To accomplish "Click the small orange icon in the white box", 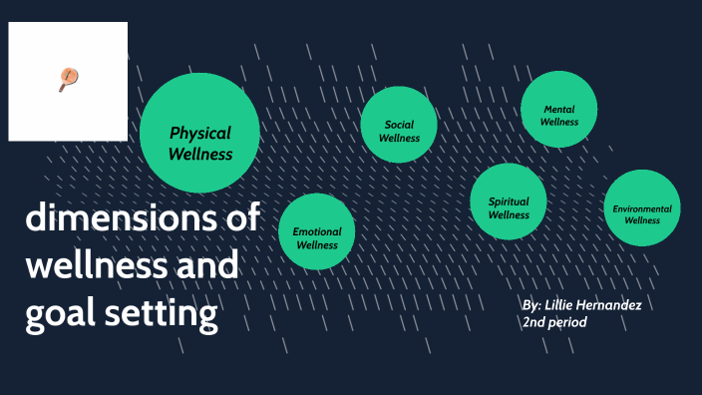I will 68,79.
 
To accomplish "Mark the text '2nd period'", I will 554,323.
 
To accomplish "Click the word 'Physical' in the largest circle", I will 199,133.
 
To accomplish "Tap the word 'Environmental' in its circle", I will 642,208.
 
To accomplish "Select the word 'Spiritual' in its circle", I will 509,201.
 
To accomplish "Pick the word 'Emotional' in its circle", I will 317,231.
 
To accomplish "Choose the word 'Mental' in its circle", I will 559,109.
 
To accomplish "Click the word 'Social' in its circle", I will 399,125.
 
